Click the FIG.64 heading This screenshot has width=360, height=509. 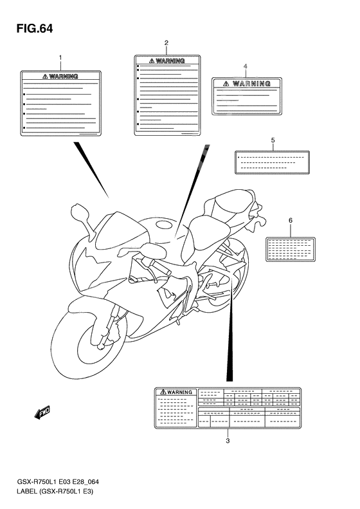pyautogui.click(x=31, y=28)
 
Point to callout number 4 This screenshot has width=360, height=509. pyautogui.click(x=245, y=66)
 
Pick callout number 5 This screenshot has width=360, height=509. pyautogui.click(x=273, y=140)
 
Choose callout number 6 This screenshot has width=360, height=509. pyautogui.click(x=290, y=221)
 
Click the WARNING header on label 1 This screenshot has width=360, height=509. pyautogui.click(x=61, y=76)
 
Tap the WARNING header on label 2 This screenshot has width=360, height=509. pyautogui.click(x=167, y=61)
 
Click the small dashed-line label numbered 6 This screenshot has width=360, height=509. pyautogui.click(x=290, y=248)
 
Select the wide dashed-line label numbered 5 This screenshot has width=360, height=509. pyautogui.click(x=273, y=162)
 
